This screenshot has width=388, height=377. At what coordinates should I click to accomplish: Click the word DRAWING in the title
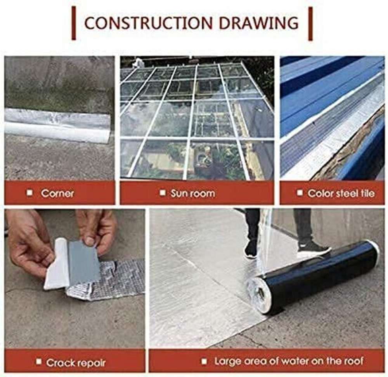258,23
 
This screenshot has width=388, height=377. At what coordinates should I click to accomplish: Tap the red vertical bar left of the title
73,23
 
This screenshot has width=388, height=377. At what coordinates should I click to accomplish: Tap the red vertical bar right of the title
310,24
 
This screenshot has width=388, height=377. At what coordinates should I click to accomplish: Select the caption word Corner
57,193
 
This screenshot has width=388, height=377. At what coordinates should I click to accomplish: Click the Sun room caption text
193,193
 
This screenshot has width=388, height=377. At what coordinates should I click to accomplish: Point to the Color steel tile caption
341,193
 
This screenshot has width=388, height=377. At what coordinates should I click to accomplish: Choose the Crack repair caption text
76,363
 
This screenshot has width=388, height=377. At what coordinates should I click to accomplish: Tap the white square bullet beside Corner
30,192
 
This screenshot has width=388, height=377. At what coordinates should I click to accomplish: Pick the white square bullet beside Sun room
163,192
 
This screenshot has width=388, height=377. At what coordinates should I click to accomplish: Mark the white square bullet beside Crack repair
38,362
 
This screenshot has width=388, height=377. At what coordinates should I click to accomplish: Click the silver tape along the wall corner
57,125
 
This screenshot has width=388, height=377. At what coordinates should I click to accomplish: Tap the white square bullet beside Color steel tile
300,192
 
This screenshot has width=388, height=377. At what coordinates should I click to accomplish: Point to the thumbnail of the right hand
90,240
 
